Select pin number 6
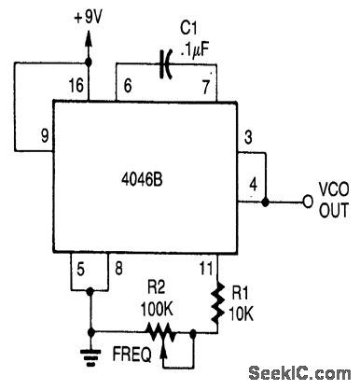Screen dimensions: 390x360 tap(129, 88)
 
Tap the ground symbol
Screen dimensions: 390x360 tap(90, 354)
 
